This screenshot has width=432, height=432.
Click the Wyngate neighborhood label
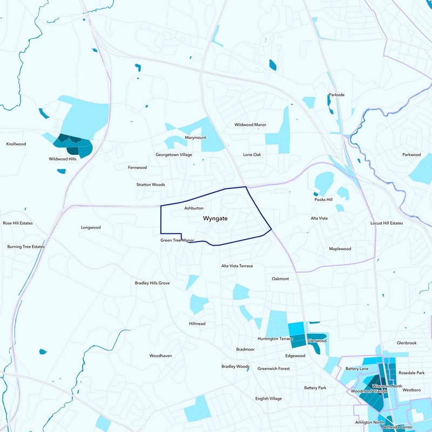point(215,219)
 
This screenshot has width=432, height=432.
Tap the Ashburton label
point(194,208)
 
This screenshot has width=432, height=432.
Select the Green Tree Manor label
point(177,240)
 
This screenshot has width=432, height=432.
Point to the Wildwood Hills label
point(63,159)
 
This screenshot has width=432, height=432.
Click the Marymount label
point(195,138)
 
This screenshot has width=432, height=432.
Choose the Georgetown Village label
point(174,155)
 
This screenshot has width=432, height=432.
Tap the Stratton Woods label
point(151,185)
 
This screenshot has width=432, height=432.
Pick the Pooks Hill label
point(323,200)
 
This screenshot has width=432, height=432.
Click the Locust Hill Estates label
point(387,223)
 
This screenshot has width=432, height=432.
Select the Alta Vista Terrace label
point(237,266)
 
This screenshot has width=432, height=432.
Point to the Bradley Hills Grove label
point(152,283)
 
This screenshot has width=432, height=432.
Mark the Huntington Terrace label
point(275,339)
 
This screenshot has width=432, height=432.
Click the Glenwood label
point(317,341)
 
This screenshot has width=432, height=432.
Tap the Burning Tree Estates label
point(26,247)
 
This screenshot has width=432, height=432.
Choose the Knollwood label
point(16,144)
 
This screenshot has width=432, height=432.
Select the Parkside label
point(336,95)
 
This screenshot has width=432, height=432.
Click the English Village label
point(268,399)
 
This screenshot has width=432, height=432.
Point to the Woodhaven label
point(160,356)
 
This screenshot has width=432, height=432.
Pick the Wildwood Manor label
point(250,125)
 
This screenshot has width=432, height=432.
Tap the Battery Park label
point(315,388)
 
